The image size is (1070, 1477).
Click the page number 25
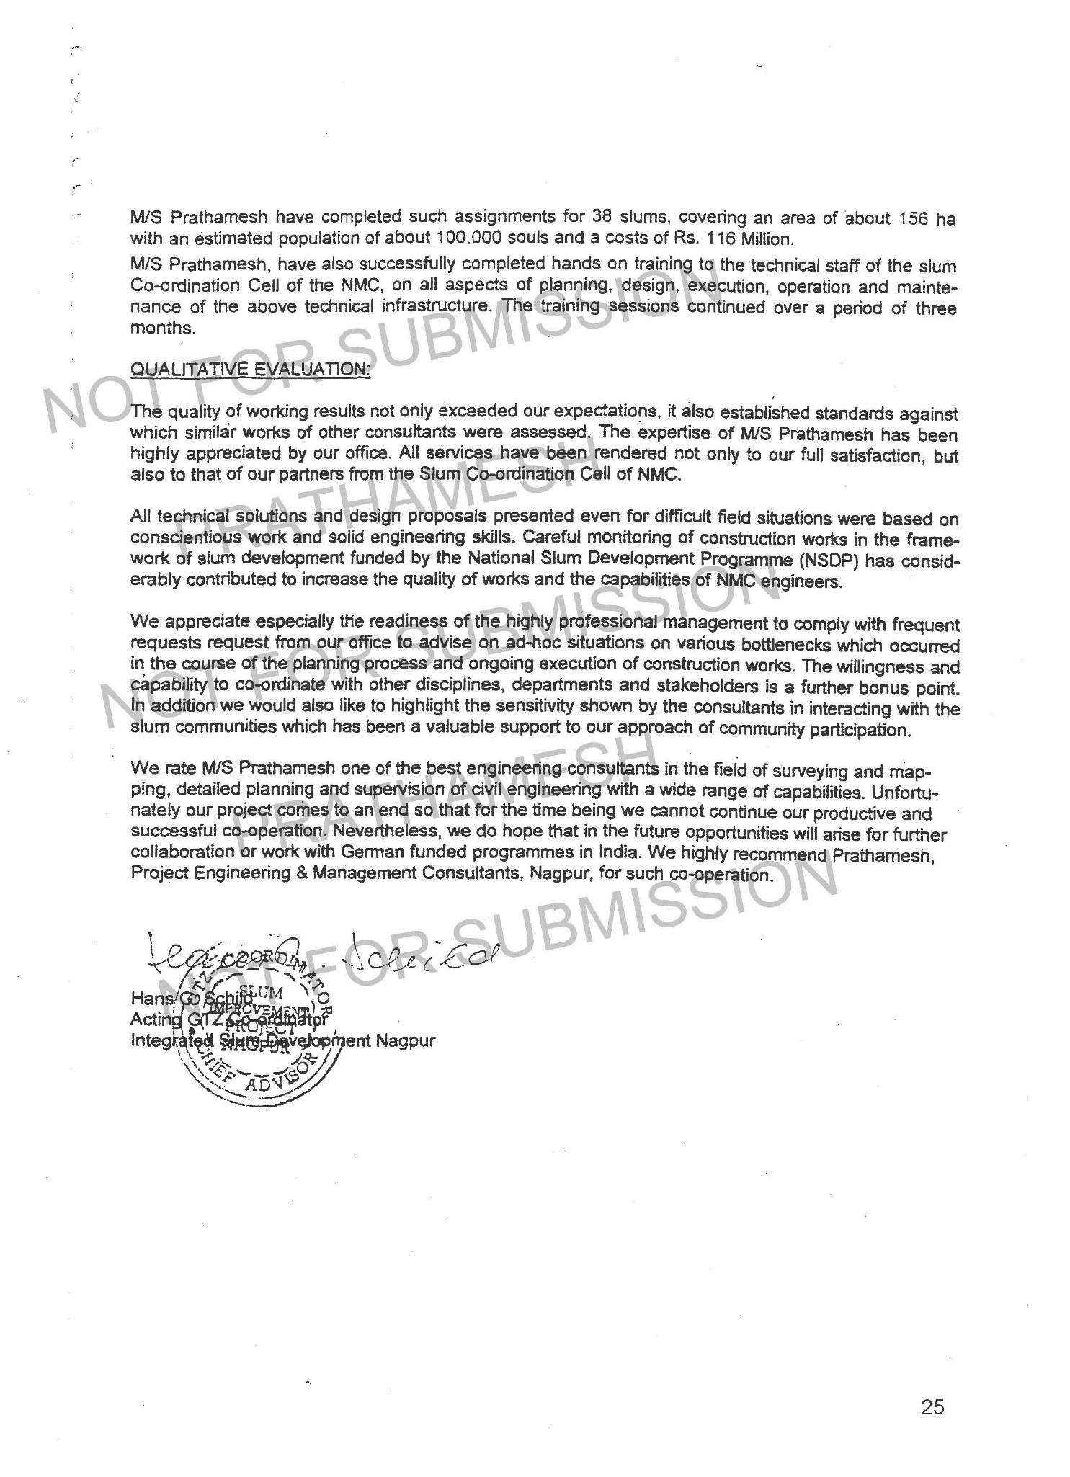pyautogui.click(x=932, y=1406)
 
